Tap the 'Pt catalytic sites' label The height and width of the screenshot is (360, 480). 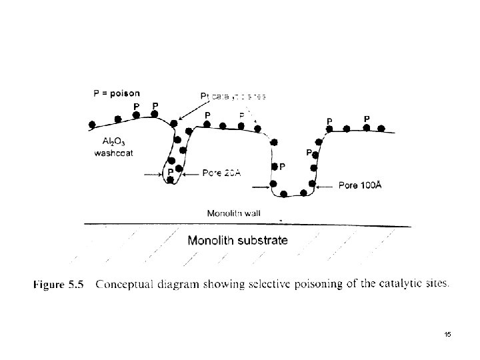[233, 96]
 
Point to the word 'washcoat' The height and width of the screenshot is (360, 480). [112, 152]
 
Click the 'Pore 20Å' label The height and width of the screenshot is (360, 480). [221, 173]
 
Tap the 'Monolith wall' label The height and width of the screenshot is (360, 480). [233, 214]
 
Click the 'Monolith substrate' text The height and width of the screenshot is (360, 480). [237, 240]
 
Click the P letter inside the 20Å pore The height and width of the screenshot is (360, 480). [171, 171]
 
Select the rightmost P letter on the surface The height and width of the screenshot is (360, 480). [367, 118]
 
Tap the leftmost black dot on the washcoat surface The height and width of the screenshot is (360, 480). [93, 125]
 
